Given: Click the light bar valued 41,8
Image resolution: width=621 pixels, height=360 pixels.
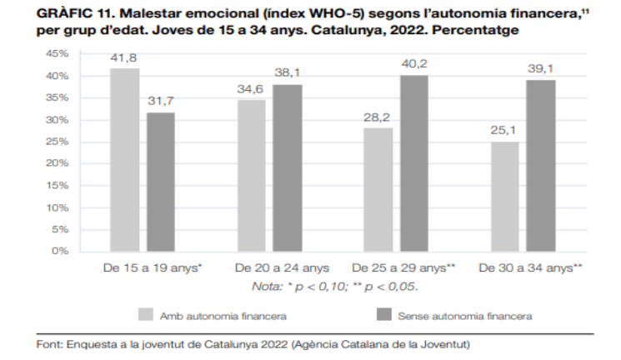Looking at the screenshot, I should pos(124,159).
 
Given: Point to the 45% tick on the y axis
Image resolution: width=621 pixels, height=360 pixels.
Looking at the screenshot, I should pos(57,54).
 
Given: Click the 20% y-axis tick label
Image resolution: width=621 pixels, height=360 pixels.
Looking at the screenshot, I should pos(57,163).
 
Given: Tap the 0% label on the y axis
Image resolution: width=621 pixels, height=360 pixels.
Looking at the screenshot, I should pos(60,251).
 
